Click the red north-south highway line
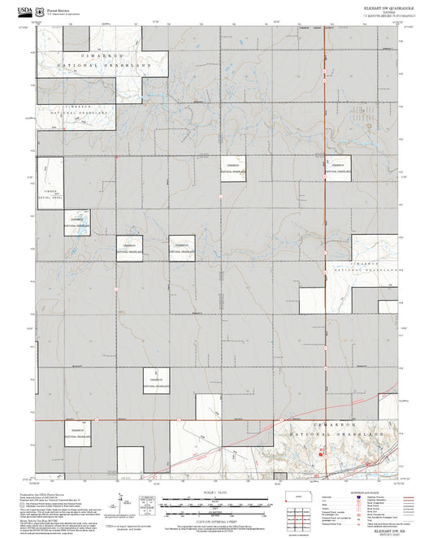pyautogui.click(x=326, y=244)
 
